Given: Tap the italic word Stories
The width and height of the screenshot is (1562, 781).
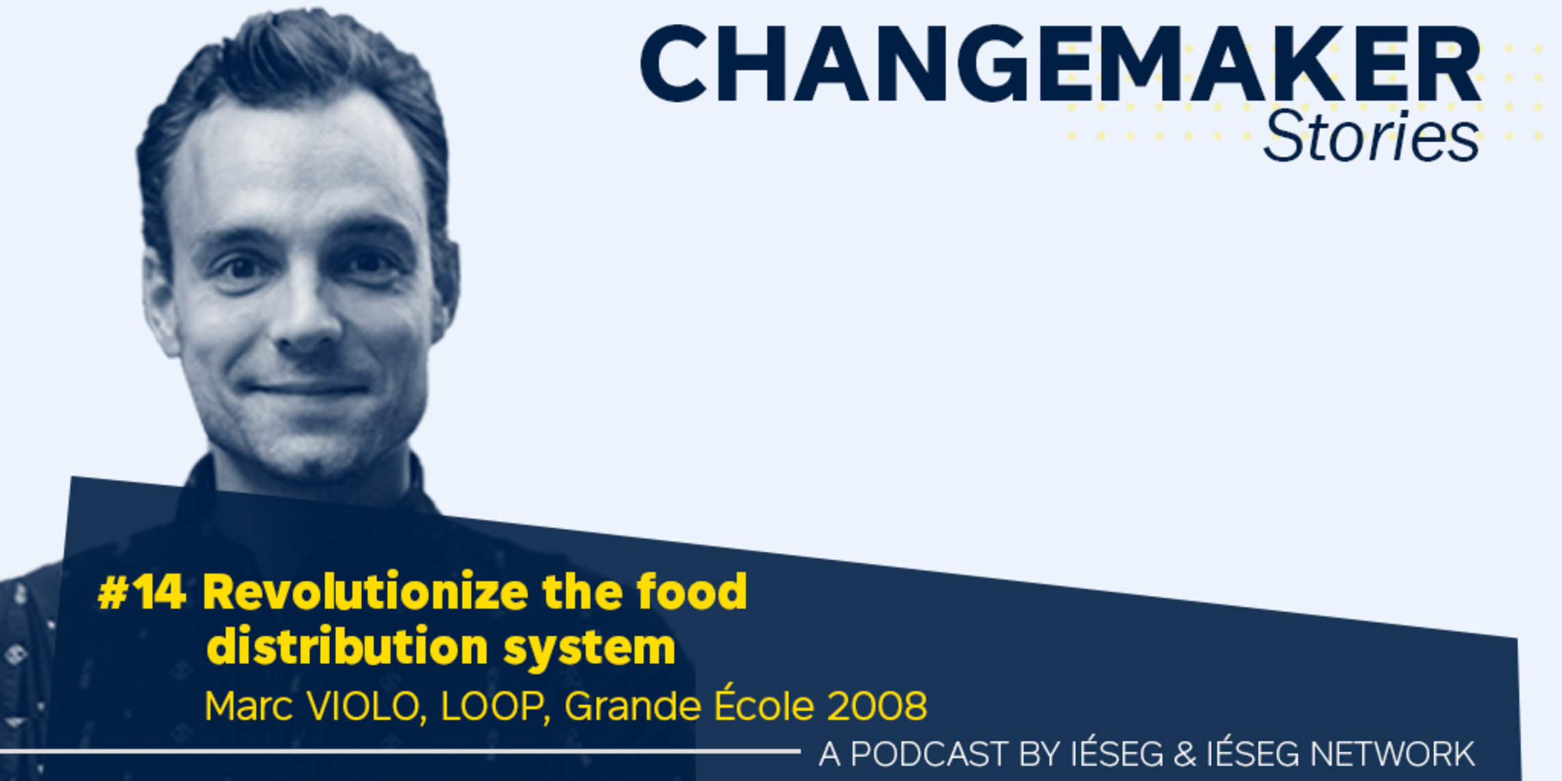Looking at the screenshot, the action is [1371, 137].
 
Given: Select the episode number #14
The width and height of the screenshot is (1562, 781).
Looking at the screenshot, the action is [142, 592].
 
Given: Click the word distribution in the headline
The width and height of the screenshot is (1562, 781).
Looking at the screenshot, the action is [348, 646].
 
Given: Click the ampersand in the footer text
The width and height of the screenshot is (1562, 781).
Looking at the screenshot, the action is [1185, 754].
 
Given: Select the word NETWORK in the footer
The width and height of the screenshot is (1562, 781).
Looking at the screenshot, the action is [1392, 754].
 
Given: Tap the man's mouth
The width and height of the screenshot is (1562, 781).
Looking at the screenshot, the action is [307, 389].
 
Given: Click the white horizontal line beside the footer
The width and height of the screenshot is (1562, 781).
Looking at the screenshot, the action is [400, 752].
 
